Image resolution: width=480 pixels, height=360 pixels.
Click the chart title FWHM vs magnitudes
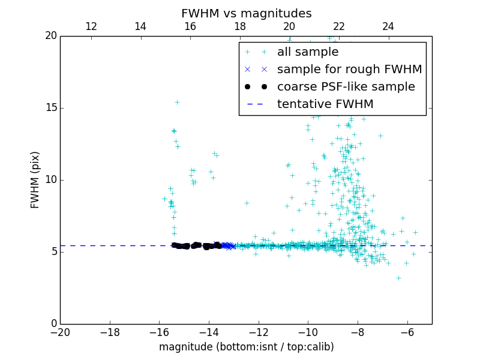(246, 13)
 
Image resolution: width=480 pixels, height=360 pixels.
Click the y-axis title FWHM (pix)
(35, 179)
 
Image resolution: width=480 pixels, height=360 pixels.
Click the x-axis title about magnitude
(246, 347)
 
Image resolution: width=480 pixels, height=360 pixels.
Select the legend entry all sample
(307, 52)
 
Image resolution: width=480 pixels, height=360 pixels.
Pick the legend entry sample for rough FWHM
(349, 70)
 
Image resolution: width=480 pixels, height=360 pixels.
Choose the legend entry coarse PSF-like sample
(346, 87)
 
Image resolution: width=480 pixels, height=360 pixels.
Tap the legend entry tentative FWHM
(325, 104)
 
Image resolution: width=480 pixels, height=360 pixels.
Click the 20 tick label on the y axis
(50, 36)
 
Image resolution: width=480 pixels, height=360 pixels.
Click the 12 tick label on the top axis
(91, 26)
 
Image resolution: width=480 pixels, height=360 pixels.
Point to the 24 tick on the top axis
(388, 26)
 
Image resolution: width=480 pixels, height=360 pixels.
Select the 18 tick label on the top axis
(240, 26)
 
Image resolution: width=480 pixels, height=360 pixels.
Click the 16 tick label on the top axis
(190, 26)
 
